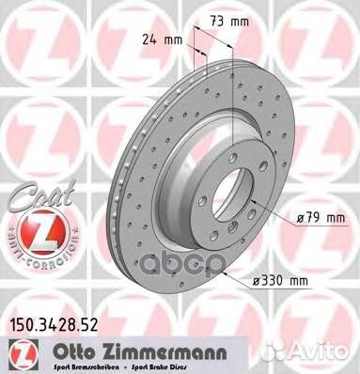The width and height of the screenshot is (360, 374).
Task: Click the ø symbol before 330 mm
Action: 258,279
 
